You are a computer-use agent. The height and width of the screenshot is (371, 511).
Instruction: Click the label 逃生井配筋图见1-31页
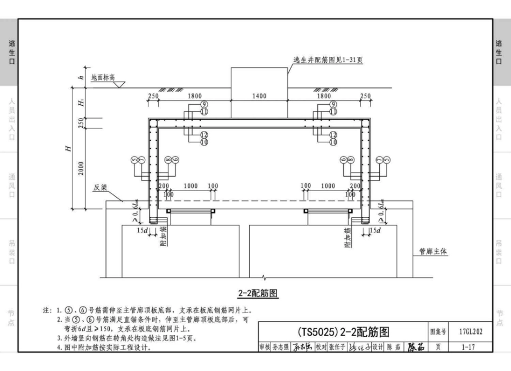coord(328,61)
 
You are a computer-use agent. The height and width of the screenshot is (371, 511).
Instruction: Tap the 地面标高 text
coord(103,77)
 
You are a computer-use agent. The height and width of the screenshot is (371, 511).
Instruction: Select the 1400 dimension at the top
coord(259,96)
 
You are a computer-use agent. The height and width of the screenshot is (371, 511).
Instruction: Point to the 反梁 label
coord(100,188)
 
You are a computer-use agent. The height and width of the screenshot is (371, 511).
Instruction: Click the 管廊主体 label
coord(434,251)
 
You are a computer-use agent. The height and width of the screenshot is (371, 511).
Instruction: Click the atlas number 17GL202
coord(471,332)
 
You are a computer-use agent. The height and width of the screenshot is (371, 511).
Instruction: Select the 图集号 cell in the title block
coord(438,332)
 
